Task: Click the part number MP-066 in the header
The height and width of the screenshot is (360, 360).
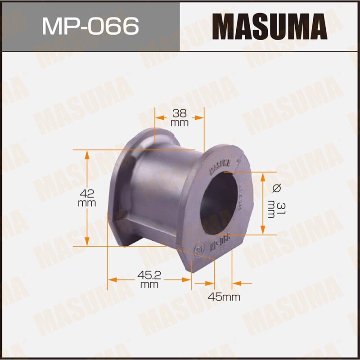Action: pos(90,26)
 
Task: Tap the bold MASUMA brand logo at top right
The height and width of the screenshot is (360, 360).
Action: pos(270,27)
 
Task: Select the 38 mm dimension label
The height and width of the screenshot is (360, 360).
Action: pos(179,118)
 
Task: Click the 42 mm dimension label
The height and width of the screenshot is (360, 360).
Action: pos(87,198)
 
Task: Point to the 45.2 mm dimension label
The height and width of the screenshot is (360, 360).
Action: pos(149,279)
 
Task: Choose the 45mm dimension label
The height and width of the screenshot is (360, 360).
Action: pos(224,297)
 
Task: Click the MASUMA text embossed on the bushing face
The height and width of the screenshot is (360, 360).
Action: pos(220,166)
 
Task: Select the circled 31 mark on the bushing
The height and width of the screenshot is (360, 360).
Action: pos(198,249)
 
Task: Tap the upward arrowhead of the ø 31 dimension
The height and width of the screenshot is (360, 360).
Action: pos(263,176)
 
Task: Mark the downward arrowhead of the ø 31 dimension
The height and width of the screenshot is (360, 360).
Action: pos(263,230)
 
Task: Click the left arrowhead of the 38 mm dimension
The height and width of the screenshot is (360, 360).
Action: pos(159,118)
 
